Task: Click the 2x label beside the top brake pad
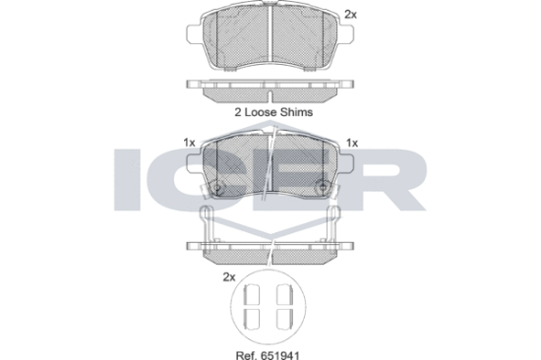point(350,14)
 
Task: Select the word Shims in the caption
point(296,112)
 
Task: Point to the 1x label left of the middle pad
point(190,143)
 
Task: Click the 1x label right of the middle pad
point(352,143)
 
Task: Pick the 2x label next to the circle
point(229,276)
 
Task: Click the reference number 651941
point(281,355)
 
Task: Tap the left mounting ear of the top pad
point(194,34)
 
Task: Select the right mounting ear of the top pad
point(345,34)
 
